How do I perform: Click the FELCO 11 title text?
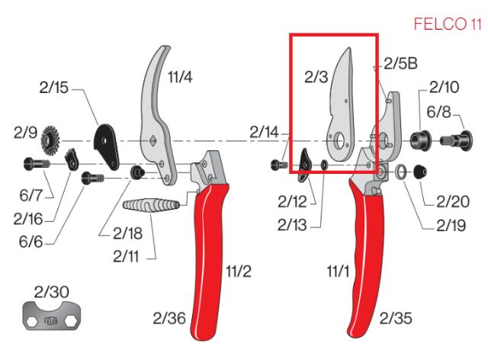(448, 25)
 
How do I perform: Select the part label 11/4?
(181, 76)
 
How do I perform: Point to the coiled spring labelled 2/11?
(152, 206)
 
